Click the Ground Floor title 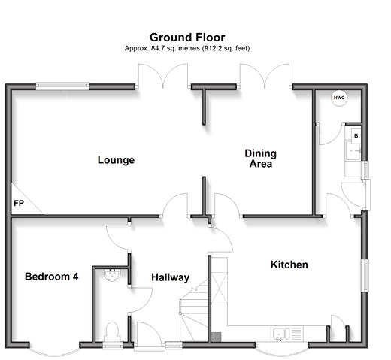(x=187, y=38)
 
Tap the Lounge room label (x=116, y=160)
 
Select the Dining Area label (x=261, y=159)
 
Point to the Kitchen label (x=289, y=265)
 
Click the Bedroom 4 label (x=52, y=277)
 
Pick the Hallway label (x=171, y=277)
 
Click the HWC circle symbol (x=339, y=98)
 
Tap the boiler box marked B (x=356, y=136)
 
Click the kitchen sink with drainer (x=286, y=334)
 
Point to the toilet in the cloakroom (x=112, y=331)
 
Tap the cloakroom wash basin (x=112, y=275)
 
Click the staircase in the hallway (x=193, y=311)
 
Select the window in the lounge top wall (x=62, y=86)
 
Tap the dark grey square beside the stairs (x=217, y=337)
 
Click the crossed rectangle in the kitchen (x=220, y=288)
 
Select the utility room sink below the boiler (x=353, y=151)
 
